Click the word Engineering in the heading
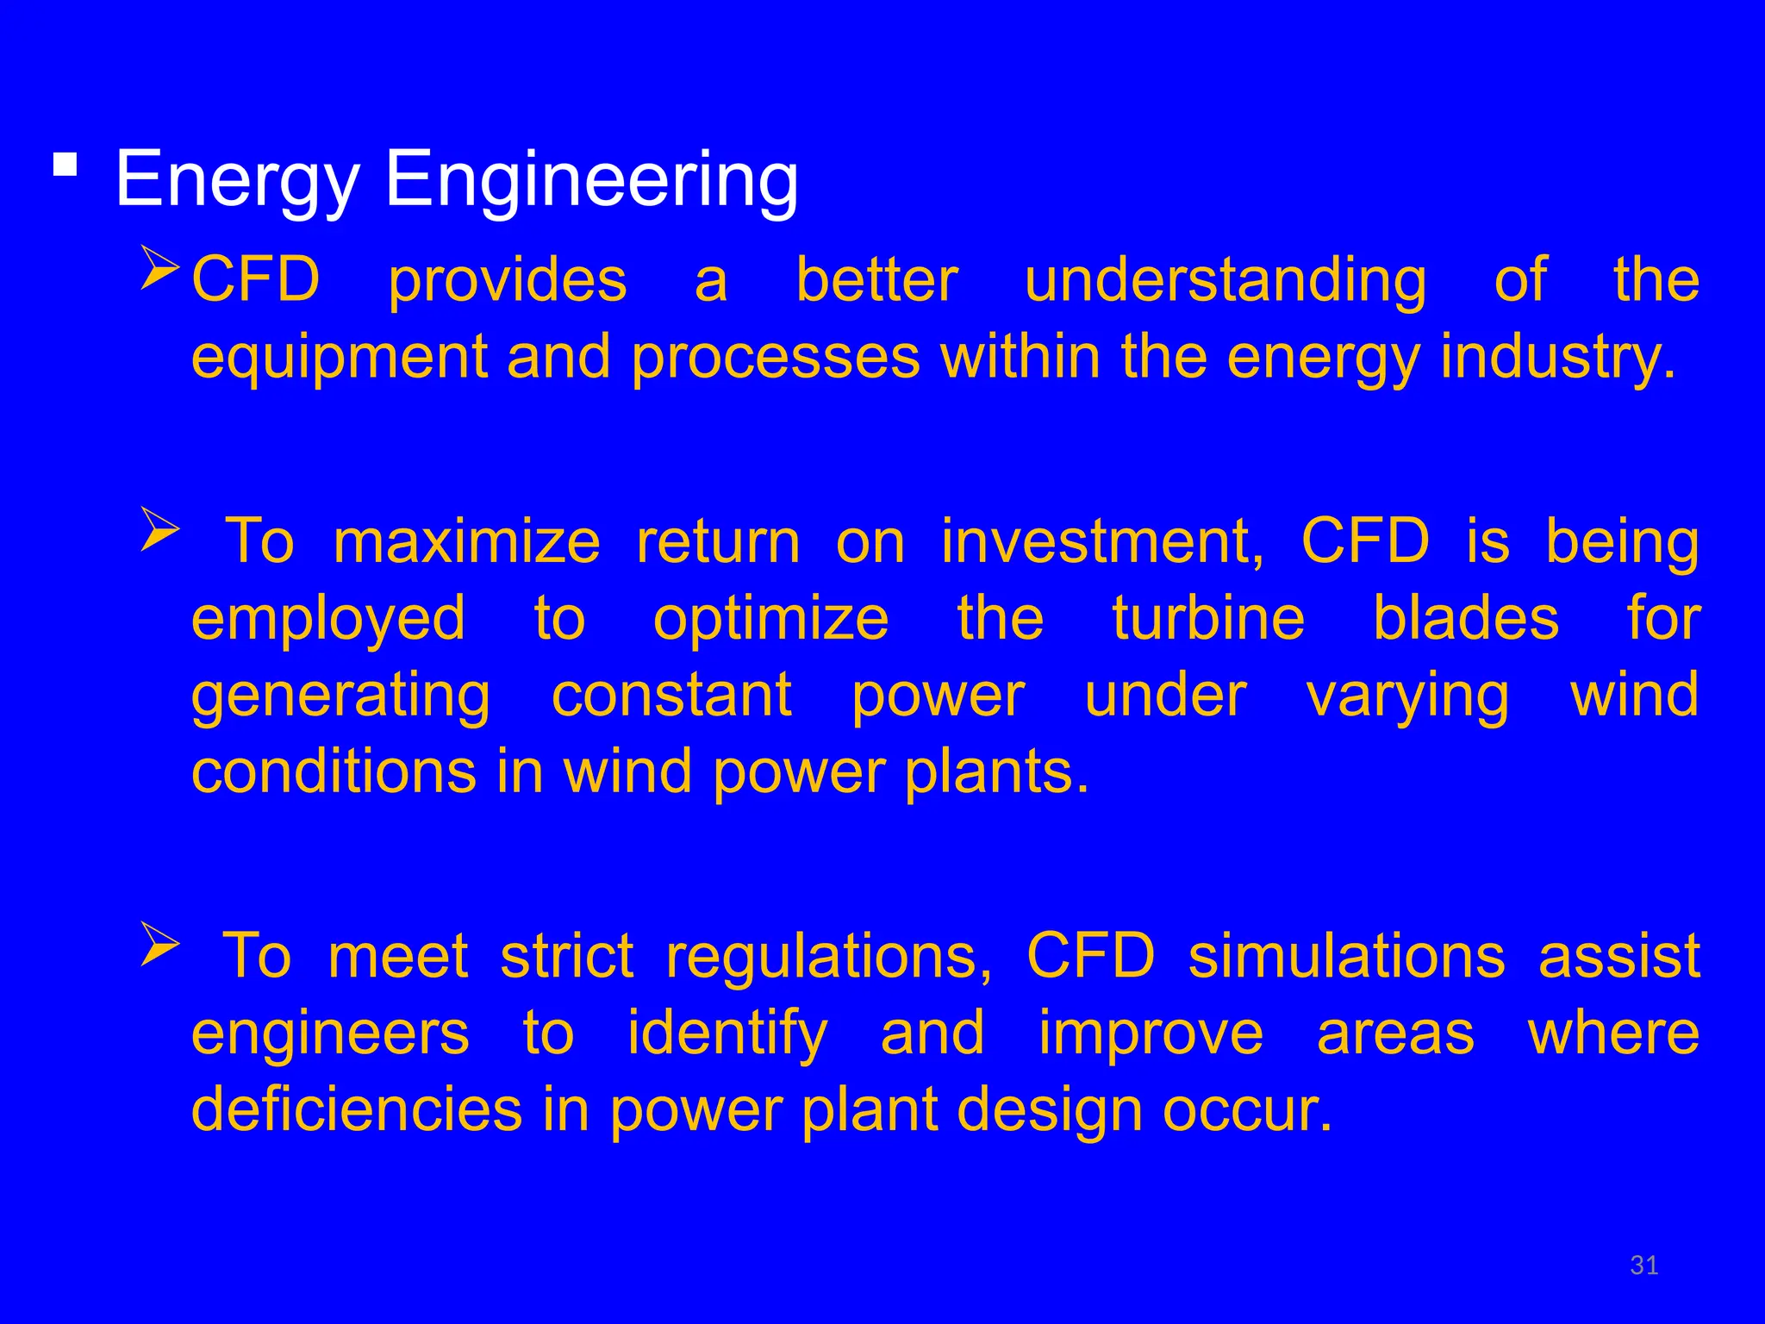[x=591, y=181]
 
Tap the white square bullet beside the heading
[x=65, y=163]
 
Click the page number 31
[x=1644, y=1265]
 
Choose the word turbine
[x=1208, y=619]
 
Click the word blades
[x=1465, y=619]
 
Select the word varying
[x=1407, y=696]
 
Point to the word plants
[x=996, y=771]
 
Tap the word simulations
[x=1346, y=957]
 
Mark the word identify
[x=727, y=1034]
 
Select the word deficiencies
[x=357, y=1110]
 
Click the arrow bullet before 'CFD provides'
[x=160, y=268]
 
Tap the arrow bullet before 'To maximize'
[x=160, y=529]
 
